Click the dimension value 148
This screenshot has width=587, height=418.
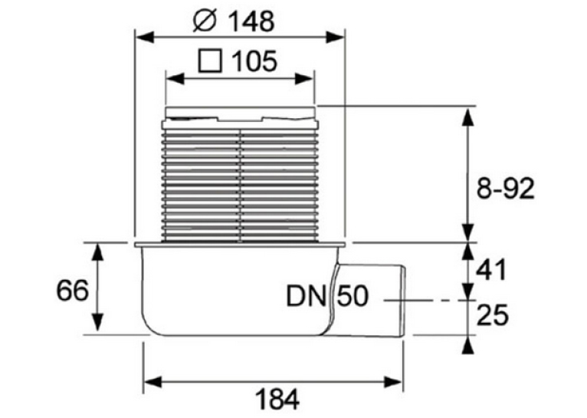[251, 21]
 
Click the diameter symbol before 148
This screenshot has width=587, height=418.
[205, 21]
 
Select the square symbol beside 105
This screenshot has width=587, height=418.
[210, 61]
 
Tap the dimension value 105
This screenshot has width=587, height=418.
[254, 61]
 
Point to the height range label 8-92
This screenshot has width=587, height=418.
[505, 189]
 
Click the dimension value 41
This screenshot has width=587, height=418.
[491, 270]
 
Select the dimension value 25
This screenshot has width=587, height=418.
[493, 315]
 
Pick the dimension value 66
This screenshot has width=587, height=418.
[72, 290]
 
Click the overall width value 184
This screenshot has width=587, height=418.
[277, 400]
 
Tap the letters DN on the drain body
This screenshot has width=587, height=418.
[306, 296]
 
